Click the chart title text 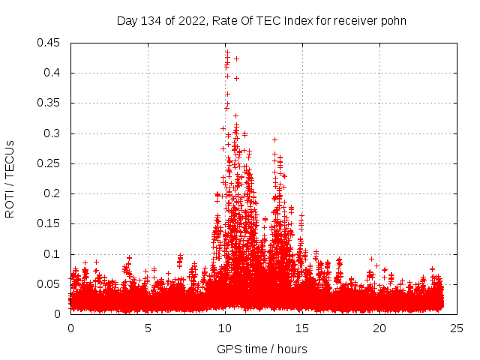[x=262, y=20]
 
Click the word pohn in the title [x=393, y=20]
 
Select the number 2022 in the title [x=191, y=20]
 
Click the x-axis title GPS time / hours [x=262, y=349]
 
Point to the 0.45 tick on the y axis [x=50, y=43]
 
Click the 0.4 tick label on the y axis [x=53, y=73]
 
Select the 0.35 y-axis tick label [x=50, y=103]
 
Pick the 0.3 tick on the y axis [x=53, y=133]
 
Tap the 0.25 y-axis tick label [x=50, y=163]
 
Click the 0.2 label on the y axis [x=53, y=193]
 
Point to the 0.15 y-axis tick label [x=50, y=223]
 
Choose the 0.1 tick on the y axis [x=53, y=254]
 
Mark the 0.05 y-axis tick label [x=50, y=284]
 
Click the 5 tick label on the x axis [x=148, y=328]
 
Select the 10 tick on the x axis [x=225, y=328]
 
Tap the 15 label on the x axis [x=302, y=328]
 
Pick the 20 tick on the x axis [x=379, y=328]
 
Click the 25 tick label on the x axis [x=457, y=328]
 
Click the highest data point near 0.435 [x=227, y=52]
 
